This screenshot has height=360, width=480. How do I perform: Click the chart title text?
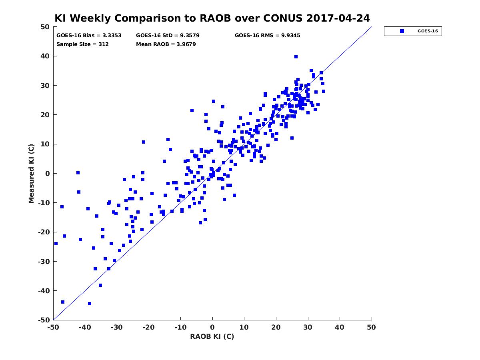coord(212,18)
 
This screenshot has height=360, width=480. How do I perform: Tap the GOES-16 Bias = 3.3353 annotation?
coord(89,36)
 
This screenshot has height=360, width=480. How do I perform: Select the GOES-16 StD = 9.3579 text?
coord(168,36)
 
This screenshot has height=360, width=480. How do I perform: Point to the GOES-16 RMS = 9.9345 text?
coord(267,36)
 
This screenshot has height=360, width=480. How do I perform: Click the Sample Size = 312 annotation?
coord(82,44)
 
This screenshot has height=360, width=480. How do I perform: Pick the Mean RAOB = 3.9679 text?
coord(166,44)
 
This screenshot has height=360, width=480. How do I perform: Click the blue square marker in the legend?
coord(402,31)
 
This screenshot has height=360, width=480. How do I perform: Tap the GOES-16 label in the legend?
coord(428,31)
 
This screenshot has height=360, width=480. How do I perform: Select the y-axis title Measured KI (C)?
coord(31,173)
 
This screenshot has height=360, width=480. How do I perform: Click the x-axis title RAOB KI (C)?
coord(212,336)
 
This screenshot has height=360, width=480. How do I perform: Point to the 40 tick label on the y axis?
coord(45,56)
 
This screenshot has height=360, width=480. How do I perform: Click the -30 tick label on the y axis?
coord(44,262)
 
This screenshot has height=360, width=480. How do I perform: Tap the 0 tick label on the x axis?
coord(212,327)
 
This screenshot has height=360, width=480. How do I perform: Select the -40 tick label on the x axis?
coord(85,327)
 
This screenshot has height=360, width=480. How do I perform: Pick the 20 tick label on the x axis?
coord(276,327)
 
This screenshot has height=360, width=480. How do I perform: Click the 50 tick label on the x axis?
coord(371,327)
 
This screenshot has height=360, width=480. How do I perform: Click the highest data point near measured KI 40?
coord(296,57)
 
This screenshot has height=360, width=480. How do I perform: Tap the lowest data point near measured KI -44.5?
coord(90,304)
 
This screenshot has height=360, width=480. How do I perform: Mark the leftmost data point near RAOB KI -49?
coord(56,244)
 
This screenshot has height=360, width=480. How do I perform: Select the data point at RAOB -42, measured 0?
coord(78,173)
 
